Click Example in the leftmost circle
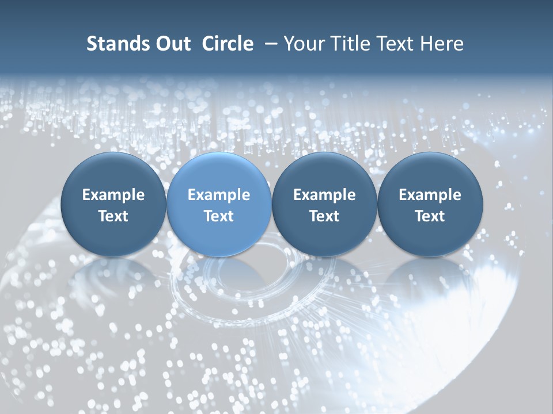113,195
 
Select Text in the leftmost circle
113,216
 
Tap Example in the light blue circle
219,195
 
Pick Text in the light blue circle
219,216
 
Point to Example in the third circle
324,195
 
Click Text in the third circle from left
324,216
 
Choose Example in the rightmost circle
430,195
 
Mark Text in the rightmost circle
430,216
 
